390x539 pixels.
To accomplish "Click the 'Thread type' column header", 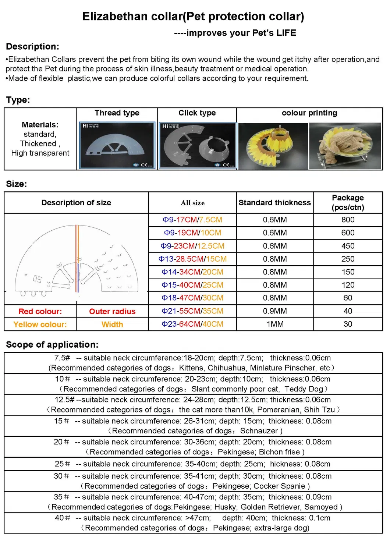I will pos(117,113).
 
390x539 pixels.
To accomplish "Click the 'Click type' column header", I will pos(197,113).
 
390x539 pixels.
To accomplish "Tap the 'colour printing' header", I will pos(309,113).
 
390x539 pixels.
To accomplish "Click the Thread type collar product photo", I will pos(117,146).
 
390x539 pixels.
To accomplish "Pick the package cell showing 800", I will pos(348,220).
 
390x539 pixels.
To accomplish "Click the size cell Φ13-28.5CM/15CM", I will pos(192,259).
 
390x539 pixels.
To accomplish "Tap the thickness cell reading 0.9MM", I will pos(275,311).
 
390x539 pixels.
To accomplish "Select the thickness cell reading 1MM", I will pos(275,324).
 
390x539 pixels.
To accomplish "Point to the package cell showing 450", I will pos(348,246).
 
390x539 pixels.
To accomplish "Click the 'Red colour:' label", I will pos(40,312).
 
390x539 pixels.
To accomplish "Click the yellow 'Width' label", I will pos(112,325).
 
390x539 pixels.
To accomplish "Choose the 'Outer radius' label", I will pos(112,312).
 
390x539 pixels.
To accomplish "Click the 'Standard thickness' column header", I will pos(274,203).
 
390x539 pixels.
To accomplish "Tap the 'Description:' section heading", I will pos(32,47).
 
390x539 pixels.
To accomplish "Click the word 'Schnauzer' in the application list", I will pos(259,431).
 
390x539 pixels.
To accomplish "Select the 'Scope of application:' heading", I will pos(52,345).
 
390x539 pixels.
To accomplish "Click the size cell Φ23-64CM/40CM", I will pos(192,324).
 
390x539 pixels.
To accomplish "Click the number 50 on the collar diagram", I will pos(37,279).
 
